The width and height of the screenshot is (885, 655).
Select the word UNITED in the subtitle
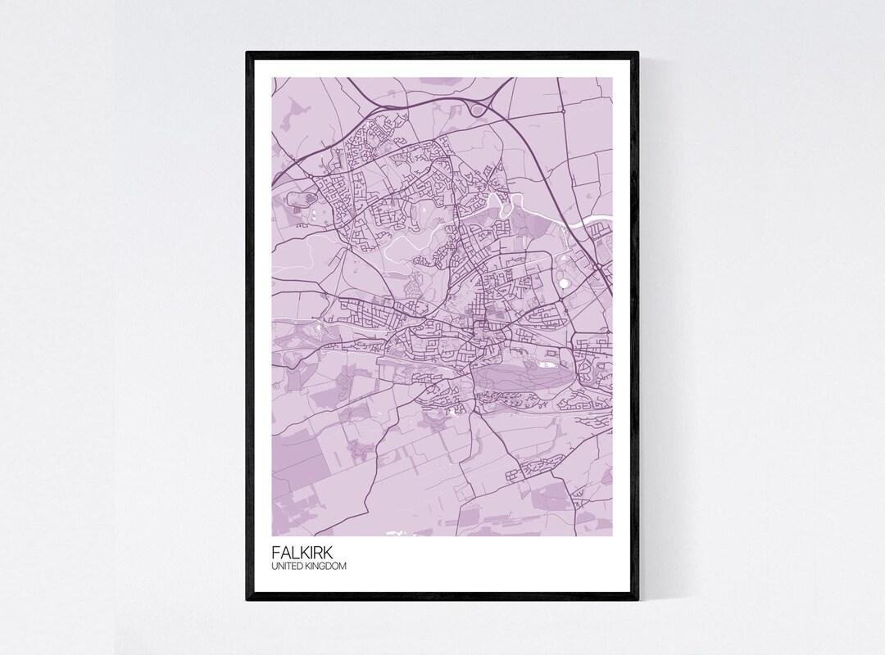(284, 564)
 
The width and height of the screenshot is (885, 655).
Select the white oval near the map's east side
(565, 284)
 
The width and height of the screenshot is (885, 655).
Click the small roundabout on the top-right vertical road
(563, 110)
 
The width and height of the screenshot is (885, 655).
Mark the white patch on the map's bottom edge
(397, 533)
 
